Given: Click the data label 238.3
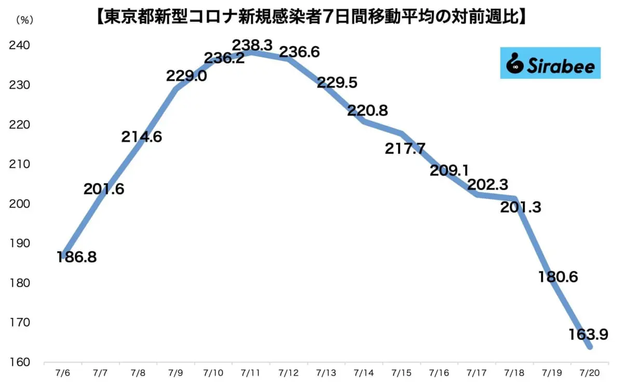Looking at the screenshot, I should [x=253, y=44].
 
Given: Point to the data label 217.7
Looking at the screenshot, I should [x=405, y=149].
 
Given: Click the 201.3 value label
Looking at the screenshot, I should [x=521, y=207].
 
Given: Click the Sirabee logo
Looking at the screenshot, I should [x=550, y=63].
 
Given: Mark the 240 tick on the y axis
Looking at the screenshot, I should [x=20, y=46].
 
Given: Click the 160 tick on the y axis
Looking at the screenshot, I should [x=20, y=362].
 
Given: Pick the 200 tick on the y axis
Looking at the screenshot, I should [x=20, y=204].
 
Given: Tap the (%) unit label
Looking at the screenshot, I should [x=24, y=20].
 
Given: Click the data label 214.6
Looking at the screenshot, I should [x=142, y=137].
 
